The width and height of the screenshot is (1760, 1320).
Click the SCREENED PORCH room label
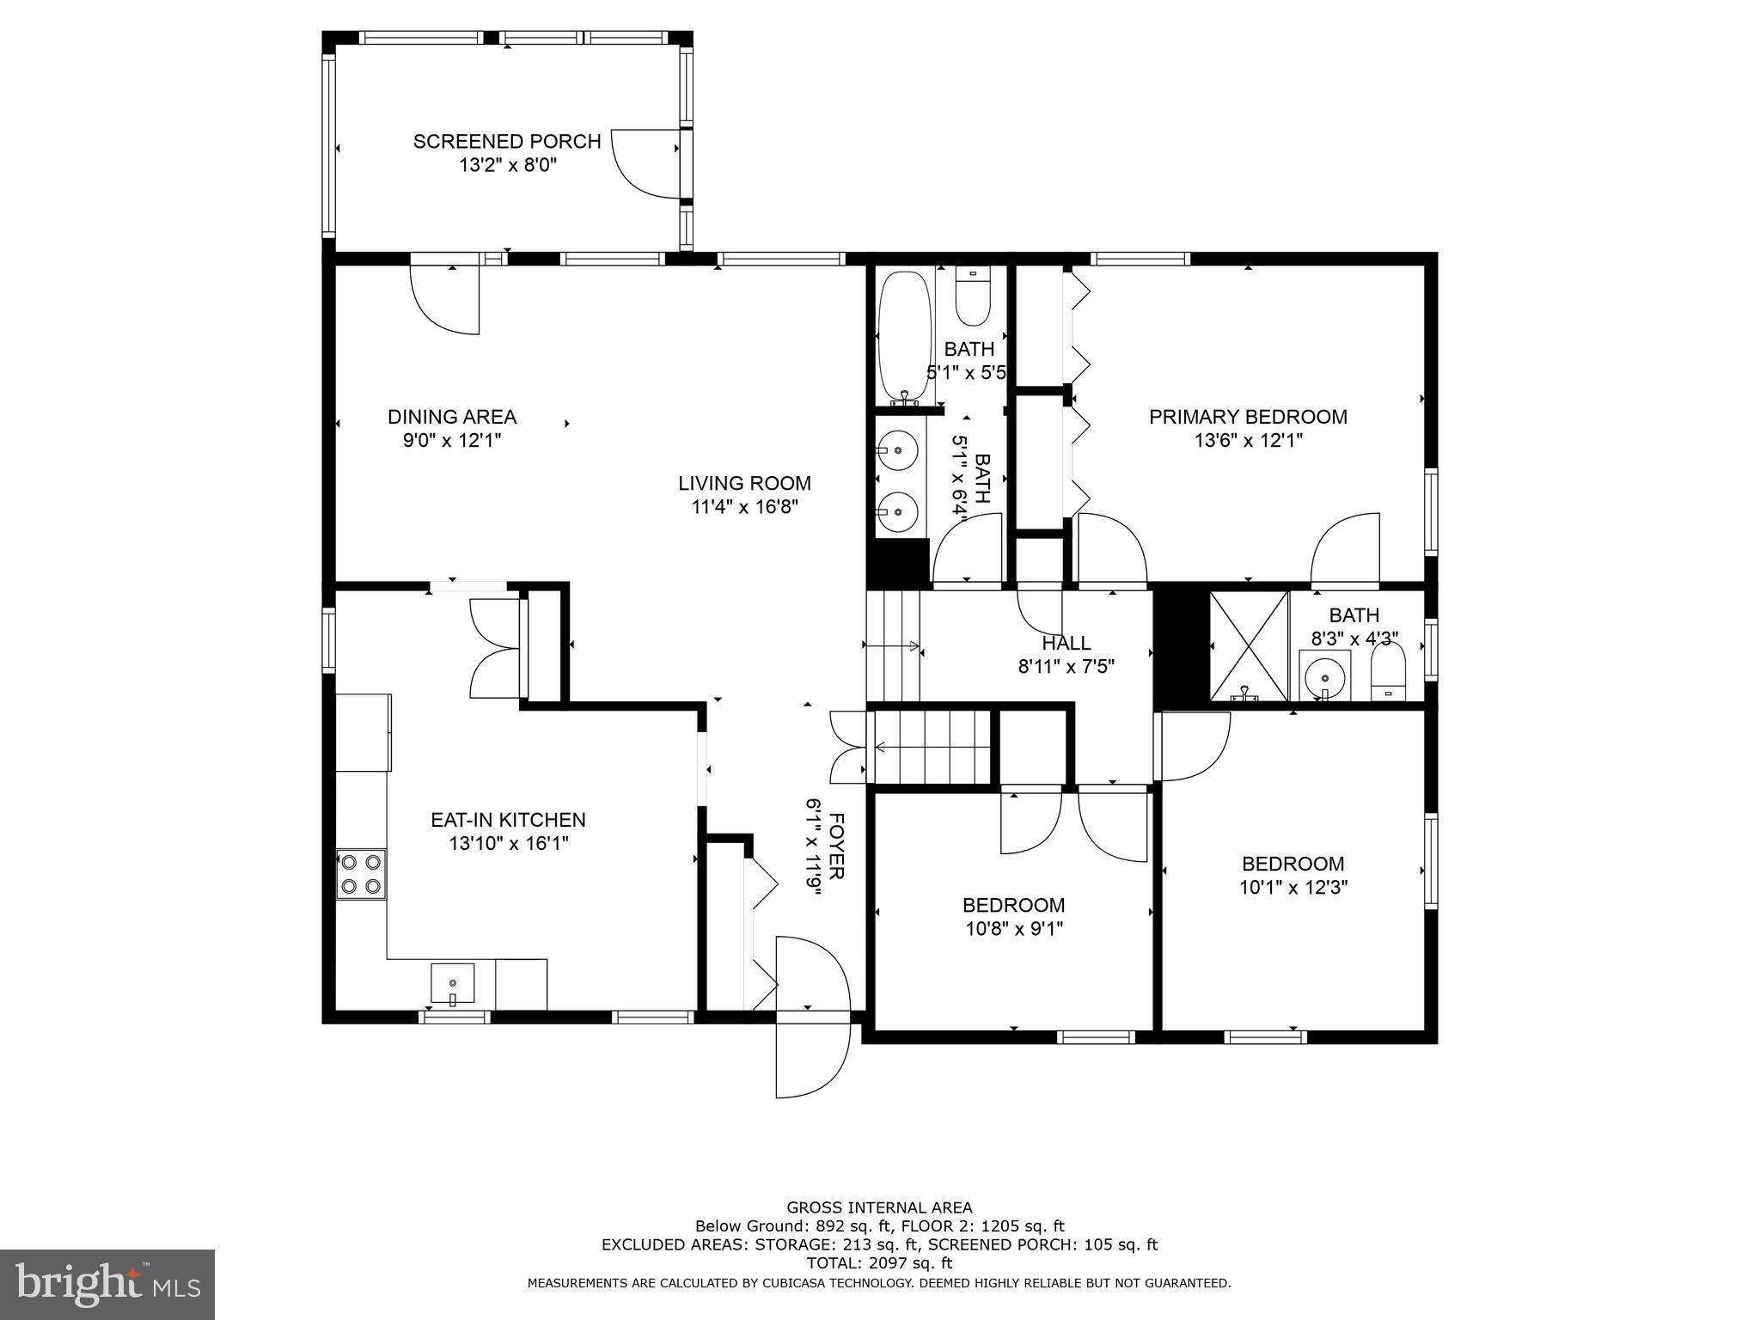(507, 142)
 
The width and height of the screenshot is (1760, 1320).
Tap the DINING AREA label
(452, 418)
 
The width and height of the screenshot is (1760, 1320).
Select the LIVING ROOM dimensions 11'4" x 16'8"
(745, 507)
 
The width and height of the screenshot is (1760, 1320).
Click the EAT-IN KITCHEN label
(508, 821)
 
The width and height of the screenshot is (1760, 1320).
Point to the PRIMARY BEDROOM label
(1248, 418)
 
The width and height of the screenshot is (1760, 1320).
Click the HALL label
(1066, 643)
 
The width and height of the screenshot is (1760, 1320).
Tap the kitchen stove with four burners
(361, 874)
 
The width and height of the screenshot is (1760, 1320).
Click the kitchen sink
(452, 985)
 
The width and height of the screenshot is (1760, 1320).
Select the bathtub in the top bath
(904, 338)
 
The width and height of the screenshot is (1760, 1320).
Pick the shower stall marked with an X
(1249, 646)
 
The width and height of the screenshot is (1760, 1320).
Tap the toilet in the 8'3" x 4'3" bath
(1387, 673)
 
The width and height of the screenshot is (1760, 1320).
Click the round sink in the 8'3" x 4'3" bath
(1323, 676)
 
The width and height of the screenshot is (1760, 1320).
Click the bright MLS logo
(107, 1285)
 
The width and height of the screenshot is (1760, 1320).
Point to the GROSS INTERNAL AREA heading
(879, 1207)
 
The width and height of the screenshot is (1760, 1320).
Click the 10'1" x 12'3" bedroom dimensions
(1292, 887)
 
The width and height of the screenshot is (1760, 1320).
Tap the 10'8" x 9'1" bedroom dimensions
(1014, 928)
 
